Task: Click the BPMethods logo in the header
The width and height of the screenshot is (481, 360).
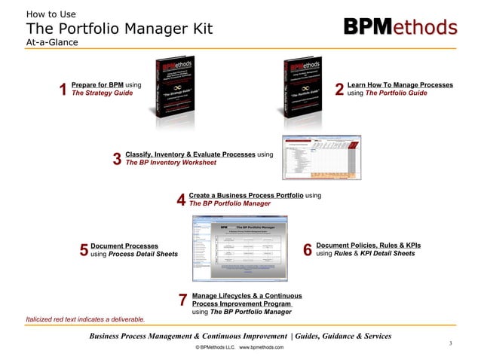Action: pyautogui.click(x=400, y=27)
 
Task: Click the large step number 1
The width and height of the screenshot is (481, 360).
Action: pyautogui.click(x=63, y=90)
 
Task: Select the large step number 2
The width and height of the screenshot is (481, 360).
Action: pyautogui.click(x=339, y=90)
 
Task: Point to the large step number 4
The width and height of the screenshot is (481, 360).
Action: pyautogui.click(x=181, y=200)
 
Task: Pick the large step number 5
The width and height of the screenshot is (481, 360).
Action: pyautogui.click(x=84, y=250)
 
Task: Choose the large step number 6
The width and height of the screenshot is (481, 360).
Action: pyautogui.click(x=308, y=250)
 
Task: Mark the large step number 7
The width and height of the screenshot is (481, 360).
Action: pyautogui.click(x=182, y=300)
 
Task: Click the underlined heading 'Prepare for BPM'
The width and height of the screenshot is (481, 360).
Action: pyautogui.click(x=97, y=85)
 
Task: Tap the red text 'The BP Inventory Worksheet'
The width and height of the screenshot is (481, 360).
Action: pyautogui.click(x=170, y=163)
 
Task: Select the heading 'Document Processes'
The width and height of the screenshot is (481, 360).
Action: pyautogui.click(x=124, y=246)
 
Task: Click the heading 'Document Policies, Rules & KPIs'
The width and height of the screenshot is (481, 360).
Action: pyautogui.click(x=369, y=246)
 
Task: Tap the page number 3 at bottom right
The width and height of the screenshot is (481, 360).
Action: pyautogui.click(x=449, y=344)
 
